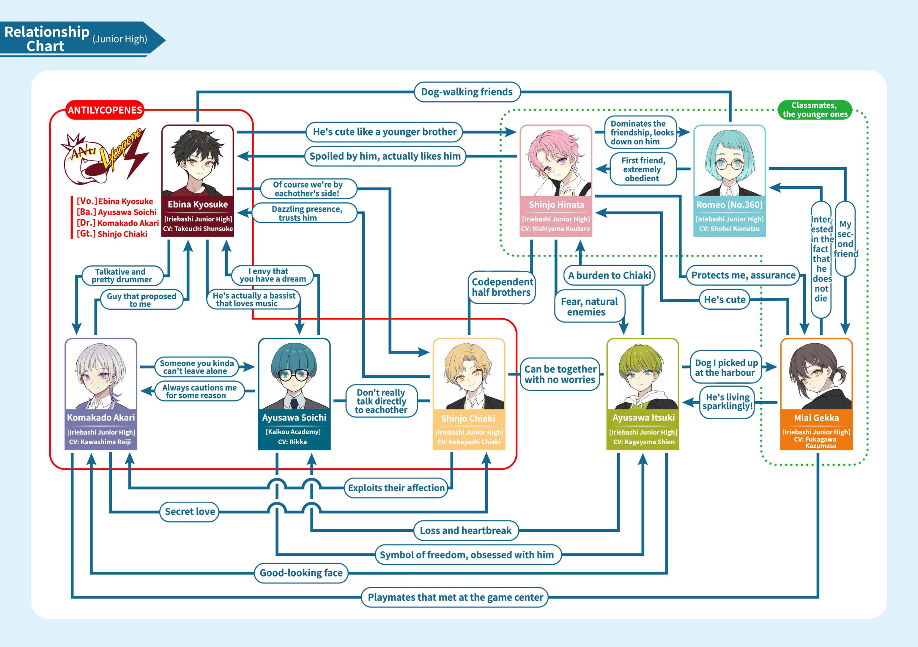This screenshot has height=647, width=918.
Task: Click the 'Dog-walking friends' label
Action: [x=467, y=92]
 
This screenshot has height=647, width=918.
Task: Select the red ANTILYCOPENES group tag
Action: [x=105, y=110]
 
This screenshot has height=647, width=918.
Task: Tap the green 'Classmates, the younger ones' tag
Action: [x=814, y=110]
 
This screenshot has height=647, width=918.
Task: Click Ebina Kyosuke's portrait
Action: [x=198, y=162]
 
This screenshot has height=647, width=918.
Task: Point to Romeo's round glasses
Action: [x=729, y=164]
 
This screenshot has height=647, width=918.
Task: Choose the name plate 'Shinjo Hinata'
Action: [x=556, y=205]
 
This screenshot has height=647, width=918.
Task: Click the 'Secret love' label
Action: [x=190, y=512]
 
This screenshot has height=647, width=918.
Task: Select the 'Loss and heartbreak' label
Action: [x=465, y=531]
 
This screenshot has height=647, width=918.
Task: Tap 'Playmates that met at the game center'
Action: [x=455, y=597]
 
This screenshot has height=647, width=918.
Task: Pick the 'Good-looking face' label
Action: [x=301, y=573]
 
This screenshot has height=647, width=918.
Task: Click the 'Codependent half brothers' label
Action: [x=502, y=287]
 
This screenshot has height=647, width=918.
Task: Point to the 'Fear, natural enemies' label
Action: [x=589, y=307]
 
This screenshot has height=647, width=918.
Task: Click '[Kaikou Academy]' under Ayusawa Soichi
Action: [x=293, y=432]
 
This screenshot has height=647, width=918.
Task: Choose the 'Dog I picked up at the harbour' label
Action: [x=726, y=368]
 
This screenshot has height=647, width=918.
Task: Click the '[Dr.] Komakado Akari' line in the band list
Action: [x=117, y=223]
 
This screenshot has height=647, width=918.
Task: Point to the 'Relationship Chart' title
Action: [x=46, y=39]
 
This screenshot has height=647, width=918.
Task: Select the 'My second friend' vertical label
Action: [x=845, y=239]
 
